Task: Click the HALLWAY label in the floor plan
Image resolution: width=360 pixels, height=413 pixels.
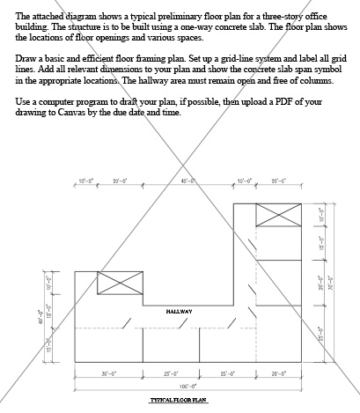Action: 179,311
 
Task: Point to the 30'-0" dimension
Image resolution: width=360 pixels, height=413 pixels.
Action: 108,373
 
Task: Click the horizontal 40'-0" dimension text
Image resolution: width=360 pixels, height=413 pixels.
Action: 187,181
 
